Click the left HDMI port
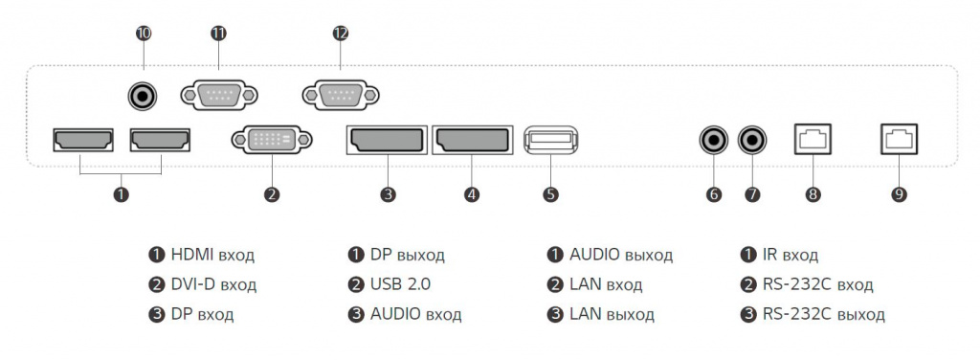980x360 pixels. (83, 140)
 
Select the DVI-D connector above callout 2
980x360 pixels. (272, 140)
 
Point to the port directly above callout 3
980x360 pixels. (387, 140)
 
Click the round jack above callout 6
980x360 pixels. (714, 140)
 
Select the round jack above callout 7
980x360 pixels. (753, 140)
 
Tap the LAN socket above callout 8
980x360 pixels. (813, 140)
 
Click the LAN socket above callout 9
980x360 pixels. (899, 140)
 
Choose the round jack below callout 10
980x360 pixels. (144, 95)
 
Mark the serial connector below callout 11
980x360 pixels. (218, 95)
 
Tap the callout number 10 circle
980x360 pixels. (144, 34)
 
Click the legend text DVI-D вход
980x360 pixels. (213, 284)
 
